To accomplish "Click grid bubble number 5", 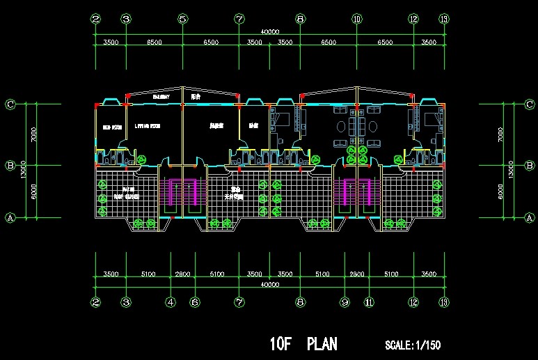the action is (x=182, y=19).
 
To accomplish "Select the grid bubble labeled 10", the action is (x=356, y=19).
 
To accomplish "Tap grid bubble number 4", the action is (x=171, y=303).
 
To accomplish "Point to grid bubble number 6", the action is (x=195, y=303).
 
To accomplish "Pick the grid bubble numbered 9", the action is (x=345, y=303).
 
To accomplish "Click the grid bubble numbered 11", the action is (x=369, y=303).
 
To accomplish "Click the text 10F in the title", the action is (x=283, y=344).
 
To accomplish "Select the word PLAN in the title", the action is (x=322, y=344).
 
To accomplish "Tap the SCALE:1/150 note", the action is (x=413, y=345).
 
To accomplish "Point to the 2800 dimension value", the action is (x=182, y=274).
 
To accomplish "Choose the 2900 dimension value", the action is (x=356, y=274).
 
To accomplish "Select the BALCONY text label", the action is (x=161, y=97).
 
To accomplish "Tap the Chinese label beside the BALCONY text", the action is (x=196, y=97).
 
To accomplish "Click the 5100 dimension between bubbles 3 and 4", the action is (x=148, y=274).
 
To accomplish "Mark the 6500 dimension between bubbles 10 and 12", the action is (x=384, y=42).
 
